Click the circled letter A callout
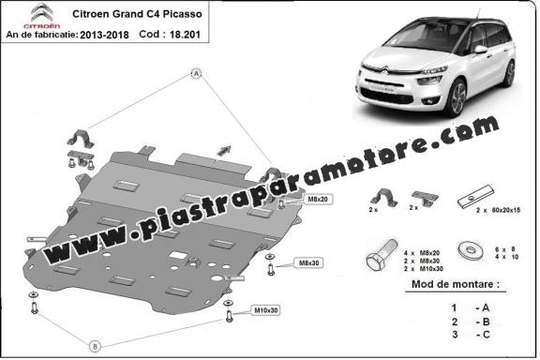198,72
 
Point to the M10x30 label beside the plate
266,309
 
